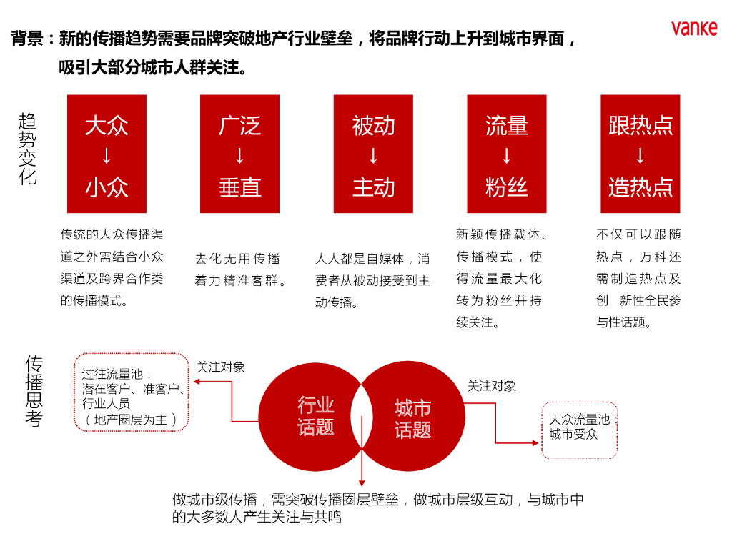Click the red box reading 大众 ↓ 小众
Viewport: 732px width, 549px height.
point(107,154)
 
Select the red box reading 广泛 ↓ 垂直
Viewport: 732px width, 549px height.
point(240,154)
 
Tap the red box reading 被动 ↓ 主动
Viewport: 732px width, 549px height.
point(373,154)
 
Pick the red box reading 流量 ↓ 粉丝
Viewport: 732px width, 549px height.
point(507,154)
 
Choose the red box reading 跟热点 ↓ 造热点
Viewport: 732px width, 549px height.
point(640,154)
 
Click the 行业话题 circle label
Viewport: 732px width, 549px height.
point(316,416)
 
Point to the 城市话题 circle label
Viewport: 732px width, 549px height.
point(412,418)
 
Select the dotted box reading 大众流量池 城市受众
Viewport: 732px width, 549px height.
point(579,427)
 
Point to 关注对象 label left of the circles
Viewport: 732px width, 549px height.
point(221,367)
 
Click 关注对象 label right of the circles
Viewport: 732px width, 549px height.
point(492,386)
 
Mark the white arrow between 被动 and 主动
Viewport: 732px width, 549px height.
point(373,156)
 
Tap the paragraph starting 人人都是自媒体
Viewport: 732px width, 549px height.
point(372,280)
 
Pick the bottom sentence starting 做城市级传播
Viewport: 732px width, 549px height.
point(377,508)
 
